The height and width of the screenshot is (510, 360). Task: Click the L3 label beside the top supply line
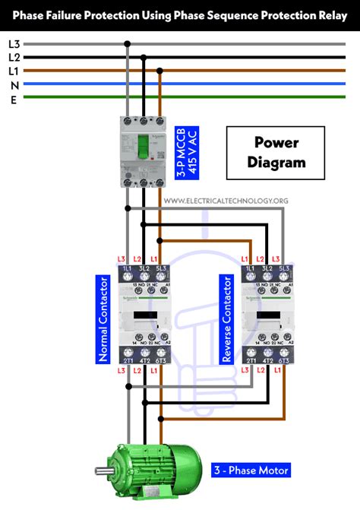[14, 44]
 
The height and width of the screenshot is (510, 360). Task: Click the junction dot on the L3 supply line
[128, 44]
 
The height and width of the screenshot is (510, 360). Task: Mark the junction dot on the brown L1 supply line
[159, 71]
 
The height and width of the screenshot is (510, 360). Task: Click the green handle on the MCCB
[143, 149]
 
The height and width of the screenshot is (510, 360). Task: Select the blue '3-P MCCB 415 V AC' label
[187, 152]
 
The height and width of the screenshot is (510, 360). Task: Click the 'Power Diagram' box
[276, 152]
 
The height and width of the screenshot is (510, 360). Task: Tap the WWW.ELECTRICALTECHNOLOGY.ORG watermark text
[226, 201]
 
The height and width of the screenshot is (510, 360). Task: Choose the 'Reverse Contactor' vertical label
[226, 313]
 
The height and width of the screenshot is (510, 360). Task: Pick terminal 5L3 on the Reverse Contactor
[285, 271]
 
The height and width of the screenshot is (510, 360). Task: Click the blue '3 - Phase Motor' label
[251, 470]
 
